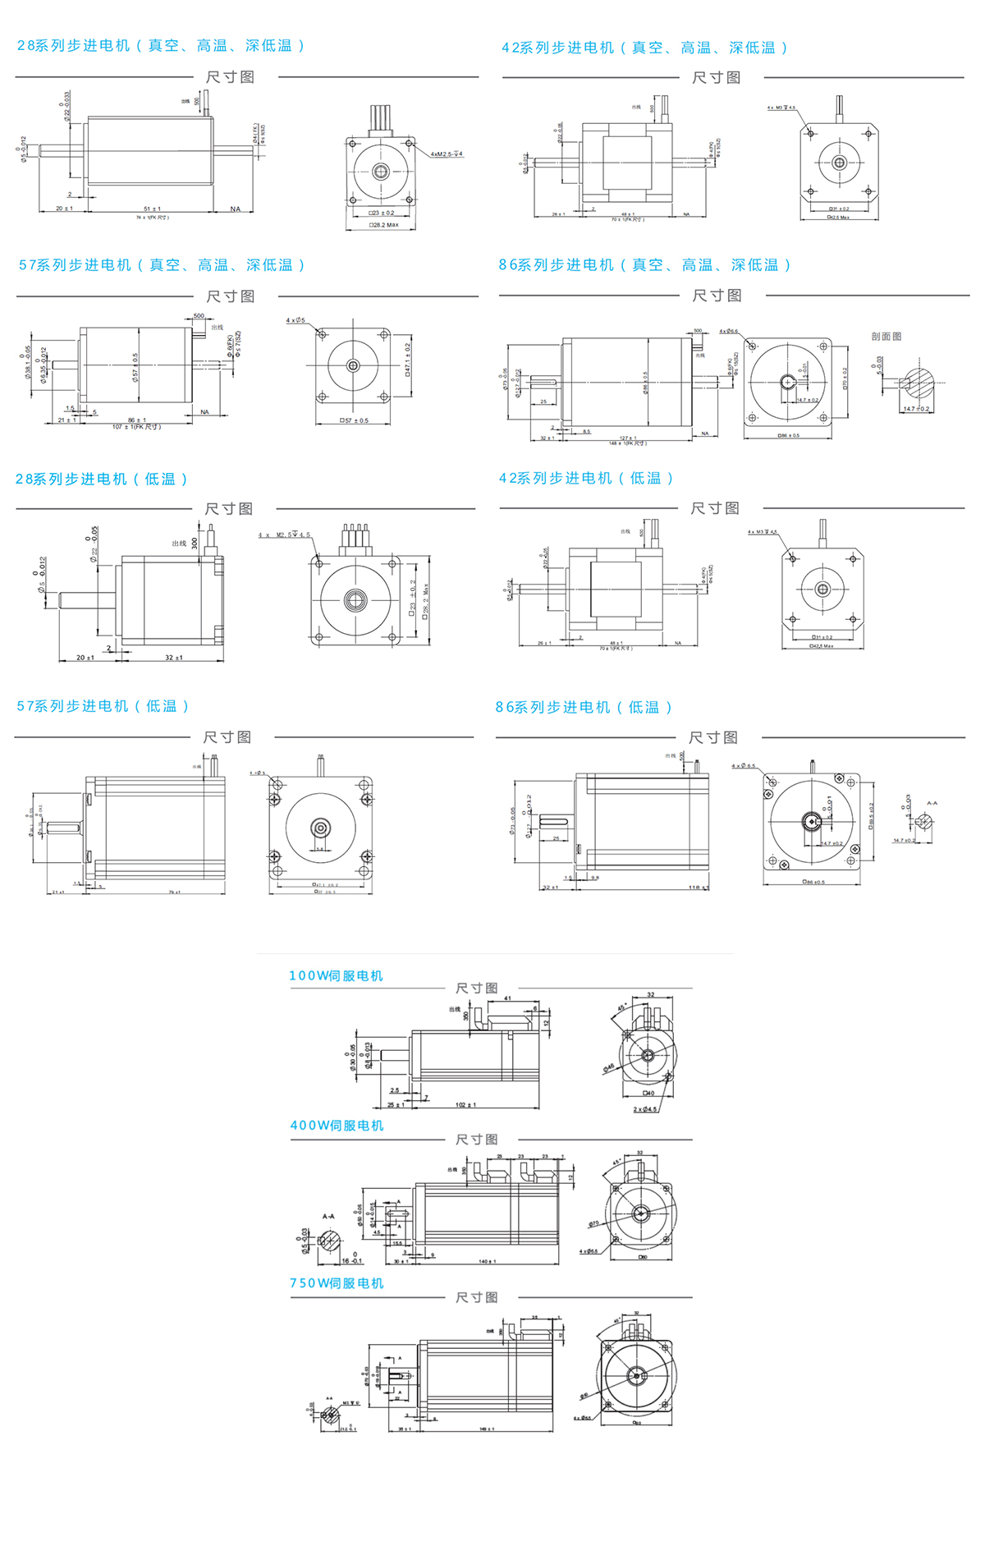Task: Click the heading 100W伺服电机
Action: pos(336,975)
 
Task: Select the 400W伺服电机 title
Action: pos(337,1126)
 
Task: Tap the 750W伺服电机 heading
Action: pos(337,1283)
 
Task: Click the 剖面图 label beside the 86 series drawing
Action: pos(886,337)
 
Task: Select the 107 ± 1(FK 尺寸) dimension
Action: pos(136,427)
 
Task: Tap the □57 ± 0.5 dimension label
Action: pos(355,421)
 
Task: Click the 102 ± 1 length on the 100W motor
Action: pos(465,1105)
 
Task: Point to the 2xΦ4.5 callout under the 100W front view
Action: pos(645,1109)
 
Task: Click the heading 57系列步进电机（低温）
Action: pos(103,706)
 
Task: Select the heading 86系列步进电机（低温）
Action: pos(584,707)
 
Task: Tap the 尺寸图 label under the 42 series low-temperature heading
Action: pos(715,508)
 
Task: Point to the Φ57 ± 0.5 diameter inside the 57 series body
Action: pos(135,366)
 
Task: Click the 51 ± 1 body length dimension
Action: pos(152,209)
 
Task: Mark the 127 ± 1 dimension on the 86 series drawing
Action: pos(628,438)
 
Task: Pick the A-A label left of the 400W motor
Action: pos(328,1217)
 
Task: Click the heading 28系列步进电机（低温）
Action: pos(102,479)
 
